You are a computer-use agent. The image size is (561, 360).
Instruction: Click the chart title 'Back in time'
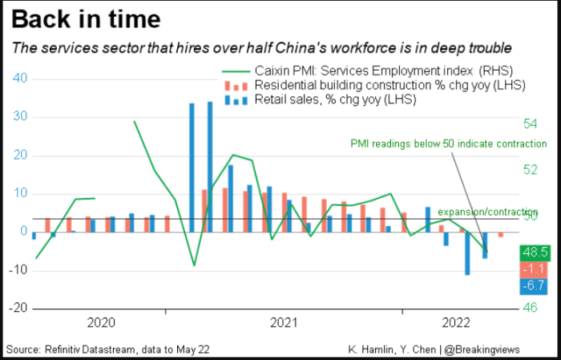pos(87,19)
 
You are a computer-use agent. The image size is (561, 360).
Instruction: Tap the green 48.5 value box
pos(535,253)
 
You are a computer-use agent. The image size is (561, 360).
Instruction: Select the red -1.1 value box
pos(534,269)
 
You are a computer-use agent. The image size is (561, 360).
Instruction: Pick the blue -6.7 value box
pos(534,286)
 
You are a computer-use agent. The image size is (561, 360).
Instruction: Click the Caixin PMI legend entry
pos(367,71)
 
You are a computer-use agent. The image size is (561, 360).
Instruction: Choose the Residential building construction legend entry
pos(375,86)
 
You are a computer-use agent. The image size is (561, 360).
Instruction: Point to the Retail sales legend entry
pos(321,99)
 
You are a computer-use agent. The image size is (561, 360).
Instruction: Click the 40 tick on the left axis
pos(20,78)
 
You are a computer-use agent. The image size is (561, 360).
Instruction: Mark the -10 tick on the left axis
pos(18,270)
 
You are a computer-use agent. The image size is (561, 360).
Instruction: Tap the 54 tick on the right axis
pos(531,123)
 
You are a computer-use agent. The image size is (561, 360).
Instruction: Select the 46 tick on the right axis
pos(531,307)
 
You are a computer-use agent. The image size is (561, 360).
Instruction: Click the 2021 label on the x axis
pos(284,323)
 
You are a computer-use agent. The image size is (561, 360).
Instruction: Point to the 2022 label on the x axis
pos(456,323)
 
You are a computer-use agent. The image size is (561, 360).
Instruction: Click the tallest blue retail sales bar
pos(210,167)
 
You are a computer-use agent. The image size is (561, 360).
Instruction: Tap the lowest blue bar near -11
pos(467,253)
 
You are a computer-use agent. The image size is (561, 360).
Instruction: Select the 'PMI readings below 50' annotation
pos(448,144)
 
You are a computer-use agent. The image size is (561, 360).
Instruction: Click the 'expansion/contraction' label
pos(487,212)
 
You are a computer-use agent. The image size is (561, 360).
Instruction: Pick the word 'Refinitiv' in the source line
pos(62,350)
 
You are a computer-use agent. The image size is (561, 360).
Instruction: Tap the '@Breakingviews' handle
pos(482,350)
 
